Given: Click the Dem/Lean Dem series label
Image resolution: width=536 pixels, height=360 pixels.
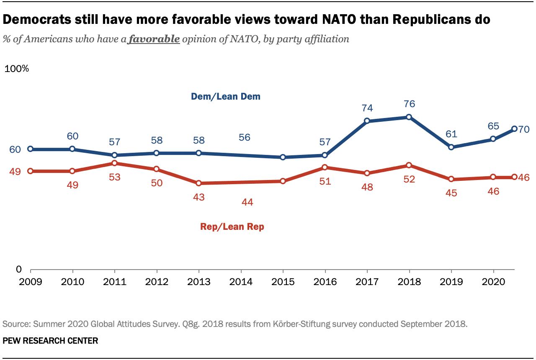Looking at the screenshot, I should tap(226, 97).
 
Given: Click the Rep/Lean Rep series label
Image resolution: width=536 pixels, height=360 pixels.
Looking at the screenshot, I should tap(232, 227).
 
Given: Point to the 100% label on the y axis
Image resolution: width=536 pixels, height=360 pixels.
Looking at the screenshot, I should tap(16, 69).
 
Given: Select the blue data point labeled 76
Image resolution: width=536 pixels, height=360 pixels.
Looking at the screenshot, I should tap(409, 117).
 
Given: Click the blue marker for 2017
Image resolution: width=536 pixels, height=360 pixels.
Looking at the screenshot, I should tap(367, 121).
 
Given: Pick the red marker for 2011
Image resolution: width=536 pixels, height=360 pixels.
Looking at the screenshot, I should tap(114, 163).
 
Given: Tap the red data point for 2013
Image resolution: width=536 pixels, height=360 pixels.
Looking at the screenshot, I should tap(198, 183).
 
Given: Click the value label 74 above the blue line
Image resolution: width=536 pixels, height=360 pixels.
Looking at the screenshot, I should tap(367, 108).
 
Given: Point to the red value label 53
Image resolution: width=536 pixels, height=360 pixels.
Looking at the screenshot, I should tap(115, 177).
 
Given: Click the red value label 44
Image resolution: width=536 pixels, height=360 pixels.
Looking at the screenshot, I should tap(247, 202).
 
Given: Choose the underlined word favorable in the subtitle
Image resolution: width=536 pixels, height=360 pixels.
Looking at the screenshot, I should tap(154, 39).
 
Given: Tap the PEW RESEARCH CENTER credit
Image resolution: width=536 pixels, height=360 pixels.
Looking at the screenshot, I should tap(50, 341).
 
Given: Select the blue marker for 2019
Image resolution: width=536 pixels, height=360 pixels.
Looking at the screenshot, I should tap(451, 147).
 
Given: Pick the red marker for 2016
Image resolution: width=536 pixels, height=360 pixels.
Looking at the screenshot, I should tap(325, 167).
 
